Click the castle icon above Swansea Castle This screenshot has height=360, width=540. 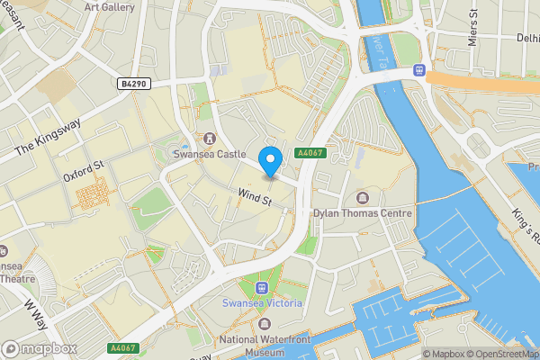(x=210, y=139)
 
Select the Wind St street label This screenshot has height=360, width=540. (x=255, y=194)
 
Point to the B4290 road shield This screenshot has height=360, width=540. (x=132, y=84)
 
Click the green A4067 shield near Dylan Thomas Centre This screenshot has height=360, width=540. (x=309, y=154)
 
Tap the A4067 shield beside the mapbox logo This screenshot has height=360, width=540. (x=122, y=348)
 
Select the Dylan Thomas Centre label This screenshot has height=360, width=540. (x=362, y=213)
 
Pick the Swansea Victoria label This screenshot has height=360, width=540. (x=262, y=303)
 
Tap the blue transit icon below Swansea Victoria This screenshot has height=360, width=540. (x=262, y=288)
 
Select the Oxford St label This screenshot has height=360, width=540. (x=85, y=170)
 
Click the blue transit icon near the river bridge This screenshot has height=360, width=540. (x=418, y=69)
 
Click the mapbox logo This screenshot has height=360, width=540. (x=40, y=348)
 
